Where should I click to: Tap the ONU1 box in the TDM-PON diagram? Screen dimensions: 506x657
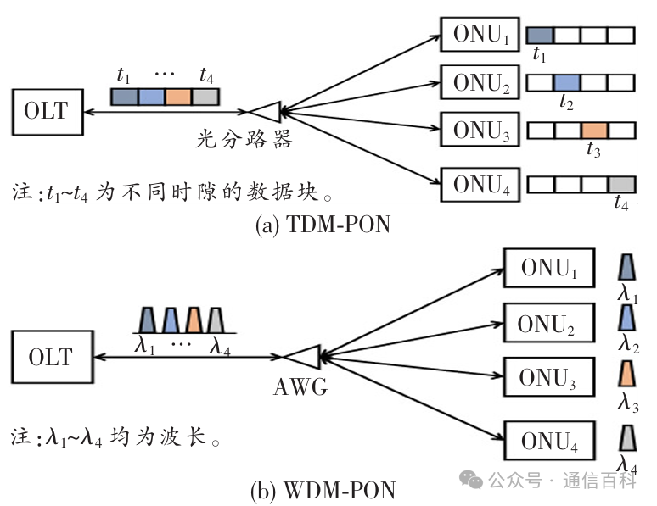click(480, 35)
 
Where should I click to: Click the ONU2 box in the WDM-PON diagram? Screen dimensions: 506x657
click(548, 323)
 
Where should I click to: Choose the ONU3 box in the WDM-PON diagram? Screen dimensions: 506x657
click(548, 378)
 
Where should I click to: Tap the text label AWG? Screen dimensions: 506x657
click(300, 387)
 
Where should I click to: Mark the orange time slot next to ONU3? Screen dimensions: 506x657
click(595, 131)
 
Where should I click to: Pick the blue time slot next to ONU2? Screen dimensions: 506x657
click(567, 82)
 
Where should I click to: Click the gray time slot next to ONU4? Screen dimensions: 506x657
click(621, 184)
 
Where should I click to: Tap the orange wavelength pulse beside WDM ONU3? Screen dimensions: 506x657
click(627, 375)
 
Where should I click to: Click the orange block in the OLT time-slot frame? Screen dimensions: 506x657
click(178, 97)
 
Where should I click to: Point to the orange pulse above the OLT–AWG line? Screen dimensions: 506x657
click(194, 320)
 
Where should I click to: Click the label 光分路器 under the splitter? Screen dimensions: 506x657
click(251, 140)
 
